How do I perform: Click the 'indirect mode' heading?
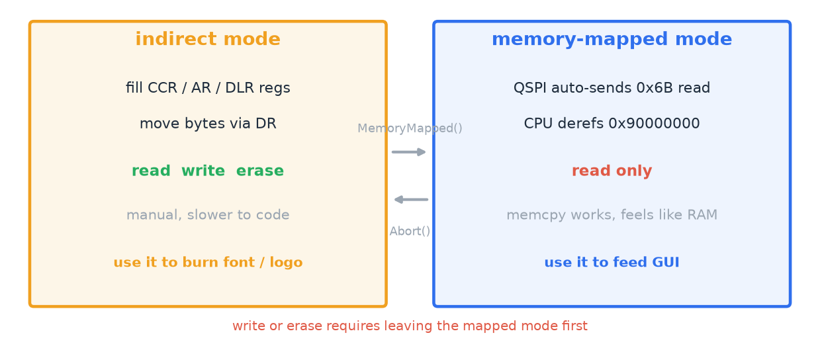pos(208,39)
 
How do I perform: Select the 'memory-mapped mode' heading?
pos(612,39)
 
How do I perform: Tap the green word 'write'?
pos(203,171)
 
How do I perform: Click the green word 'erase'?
pos(260,171)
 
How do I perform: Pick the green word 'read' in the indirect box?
pos(151,171)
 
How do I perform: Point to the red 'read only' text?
pos(612,171)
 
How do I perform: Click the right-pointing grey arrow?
pos(409,152)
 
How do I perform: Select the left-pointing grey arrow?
pos(411,199)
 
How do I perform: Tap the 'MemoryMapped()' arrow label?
pos(410,128)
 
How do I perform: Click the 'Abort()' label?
pos(410,231)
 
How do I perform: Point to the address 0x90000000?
pos(654,124)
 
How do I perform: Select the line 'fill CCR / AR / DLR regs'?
pos(208,88)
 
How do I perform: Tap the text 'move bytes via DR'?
pos(208,124)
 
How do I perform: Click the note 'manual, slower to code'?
pos(208,215)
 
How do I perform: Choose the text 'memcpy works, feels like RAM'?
pos(612,215)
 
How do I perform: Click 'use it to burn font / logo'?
pos(208,262)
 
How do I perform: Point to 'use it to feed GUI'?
pos(612,262)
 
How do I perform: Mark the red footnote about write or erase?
pos(410,326)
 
